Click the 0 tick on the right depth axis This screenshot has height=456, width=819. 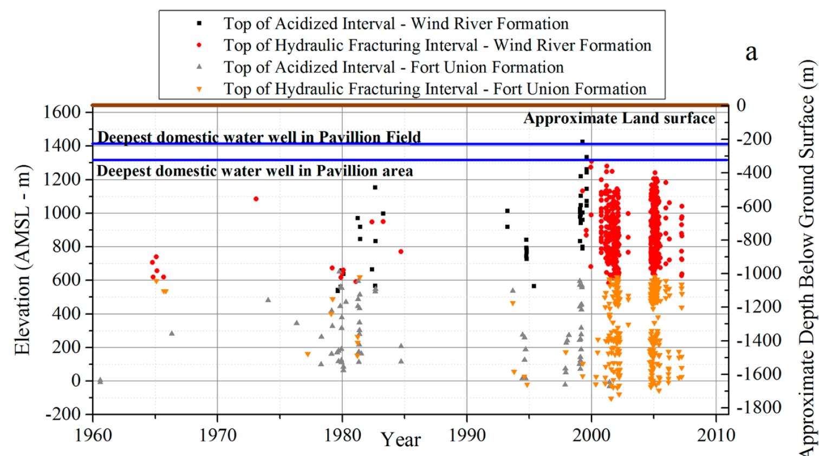[x=740, y=105]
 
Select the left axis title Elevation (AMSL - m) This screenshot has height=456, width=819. [x=22, y=260]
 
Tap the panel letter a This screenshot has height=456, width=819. [x=751, y=53]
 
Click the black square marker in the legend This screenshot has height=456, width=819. [x=199, y=24]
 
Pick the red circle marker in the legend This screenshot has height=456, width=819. [x=199, y=45]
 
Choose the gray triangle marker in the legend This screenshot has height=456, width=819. [x=199, y=67]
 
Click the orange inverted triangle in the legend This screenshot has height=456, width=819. [x=199, y=89]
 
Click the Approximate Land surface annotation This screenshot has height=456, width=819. [x=619, y=119]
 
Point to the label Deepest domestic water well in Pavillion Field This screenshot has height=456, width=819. [x=259, y=137]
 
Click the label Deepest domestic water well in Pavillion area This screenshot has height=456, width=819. [x=255, y=171]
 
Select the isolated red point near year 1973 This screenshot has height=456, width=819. [x=256, y=199]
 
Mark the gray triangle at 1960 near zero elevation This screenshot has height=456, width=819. [x=100, y=381]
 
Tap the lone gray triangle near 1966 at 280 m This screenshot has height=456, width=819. [x=172, y=333]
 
